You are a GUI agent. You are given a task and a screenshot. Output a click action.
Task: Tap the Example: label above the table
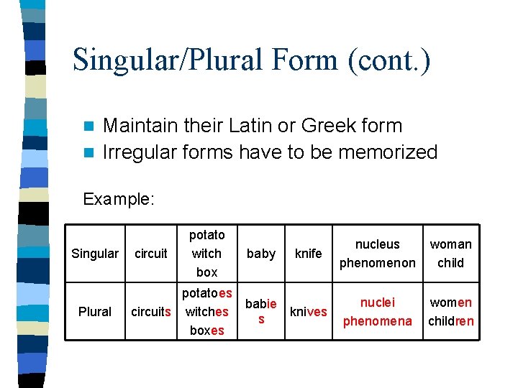point(119,199)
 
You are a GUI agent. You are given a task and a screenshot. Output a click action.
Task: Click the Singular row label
point(95,254)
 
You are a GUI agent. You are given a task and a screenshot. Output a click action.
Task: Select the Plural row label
point(95,312)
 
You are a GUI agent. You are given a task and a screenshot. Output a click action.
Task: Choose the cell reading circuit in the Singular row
point(151,254)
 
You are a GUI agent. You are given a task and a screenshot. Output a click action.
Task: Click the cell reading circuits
point(151,312)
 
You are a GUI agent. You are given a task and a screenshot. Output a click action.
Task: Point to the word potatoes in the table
point(207,293)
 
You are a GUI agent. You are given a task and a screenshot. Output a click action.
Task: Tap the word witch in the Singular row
point(207,254)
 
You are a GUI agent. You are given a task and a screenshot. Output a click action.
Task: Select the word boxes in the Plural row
point(207,331)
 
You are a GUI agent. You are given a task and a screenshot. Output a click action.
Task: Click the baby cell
point(261,254)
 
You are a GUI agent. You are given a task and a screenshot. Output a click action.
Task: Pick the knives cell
point(308,312)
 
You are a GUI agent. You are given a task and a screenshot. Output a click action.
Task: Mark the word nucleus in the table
point(378,244)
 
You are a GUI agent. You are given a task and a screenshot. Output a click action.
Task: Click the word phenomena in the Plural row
point(378,321)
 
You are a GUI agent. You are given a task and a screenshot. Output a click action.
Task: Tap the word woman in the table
point(450,244)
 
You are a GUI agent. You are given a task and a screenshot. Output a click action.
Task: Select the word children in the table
point(450,321)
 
